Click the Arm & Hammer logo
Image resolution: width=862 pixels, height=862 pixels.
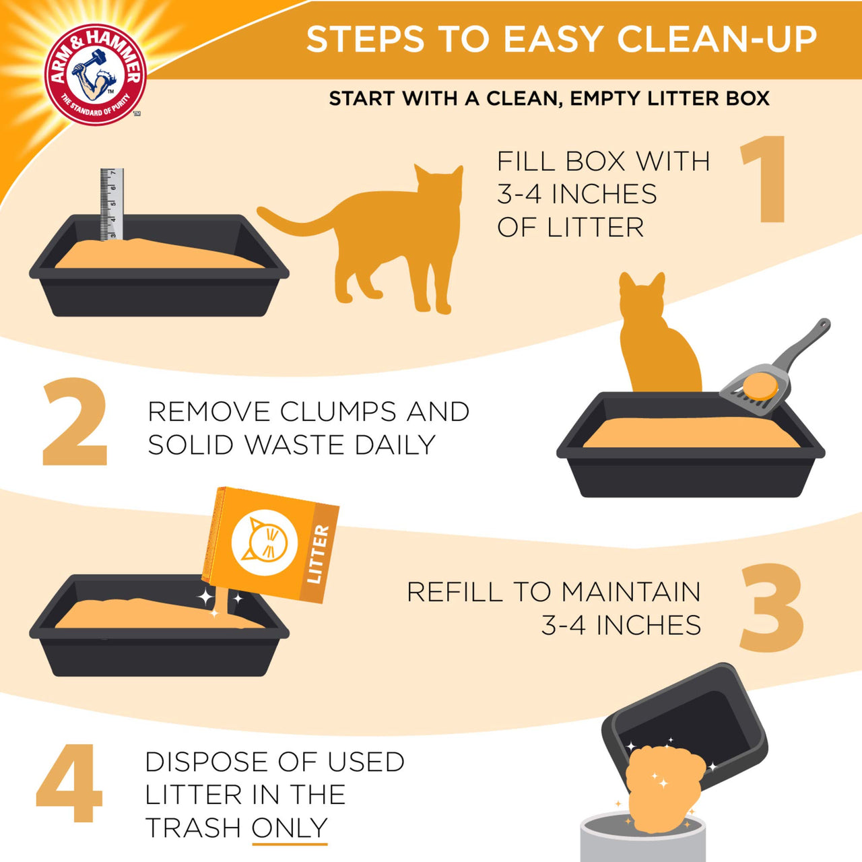tap(95, 75)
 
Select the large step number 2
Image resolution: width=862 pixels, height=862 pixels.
tap(75, 422)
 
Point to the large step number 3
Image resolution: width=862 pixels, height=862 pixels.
tap(772, 608)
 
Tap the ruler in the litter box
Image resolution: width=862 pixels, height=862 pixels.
tap(112, 202)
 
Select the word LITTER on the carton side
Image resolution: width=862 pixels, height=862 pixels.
tap(317, 554)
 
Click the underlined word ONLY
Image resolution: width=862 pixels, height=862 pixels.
tap(290, 828)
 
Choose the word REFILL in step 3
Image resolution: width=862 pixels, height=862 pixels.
tap(455, 592)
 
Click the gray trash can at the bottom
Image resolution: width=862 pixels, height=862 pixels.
tap(642, 838)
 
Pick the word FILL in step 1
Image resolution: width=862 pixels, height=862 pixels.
tap(526, 162)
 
